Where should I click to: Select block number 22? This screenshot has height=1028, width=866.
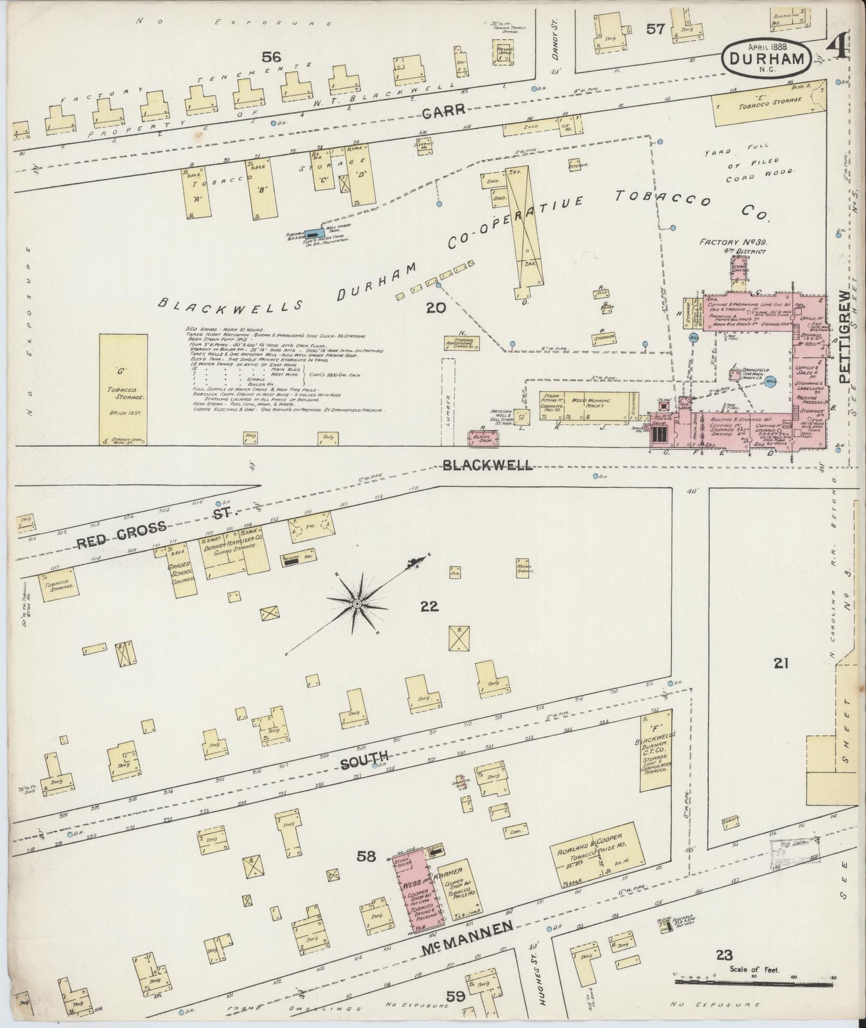point(429,607)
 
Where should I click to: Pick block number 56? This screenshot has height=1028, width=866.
point(271,57)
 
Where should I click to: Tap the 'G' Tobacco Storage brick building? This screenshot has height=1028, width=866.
point(123,389)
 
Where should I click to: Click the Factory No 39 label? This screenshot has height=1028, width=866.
point(734,242)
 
